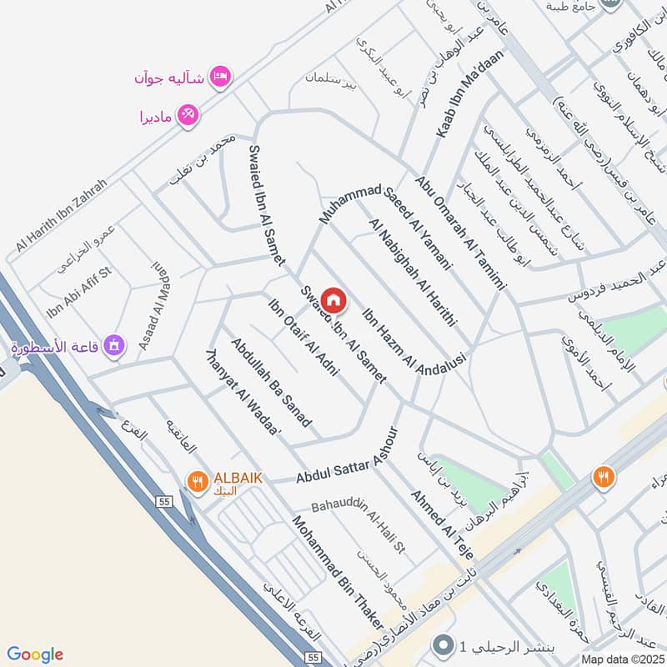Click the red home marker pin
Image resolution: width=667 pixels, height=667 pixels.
pyautogui.click(x=333, y=300)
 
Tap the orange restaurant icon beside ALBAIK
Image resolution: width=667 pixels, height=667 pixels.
pyautogui.click(x=197, y=480)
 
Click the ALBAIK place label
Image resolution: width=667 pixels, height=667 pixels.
pyautogui.click(x=238, y=478)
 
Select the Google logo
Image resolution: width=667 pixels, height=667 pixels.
pyautogui.click(x=35, y=654)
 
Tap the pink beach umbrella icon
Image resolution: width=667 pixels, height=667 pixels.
pyautogui.click(x=188, y=116)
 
